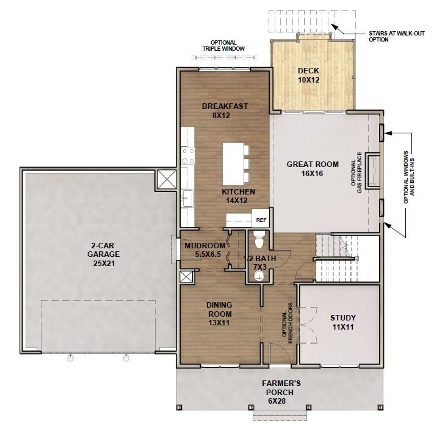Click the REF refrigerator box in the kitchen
pyautogui.click(x=261, y=220)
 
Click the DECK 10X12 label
pyautogui.click(x=309, y=75)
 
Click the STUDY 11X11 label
pyautogui.click(x=342, y=322)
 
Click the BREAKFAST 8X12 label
pyautogui.click(x=225, y=111)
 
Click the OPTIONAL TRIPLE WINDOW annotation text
pyautogui.click(x=223, y=45)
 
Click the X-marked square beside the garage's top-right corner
pyautogui.click(x=167, y=180)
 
